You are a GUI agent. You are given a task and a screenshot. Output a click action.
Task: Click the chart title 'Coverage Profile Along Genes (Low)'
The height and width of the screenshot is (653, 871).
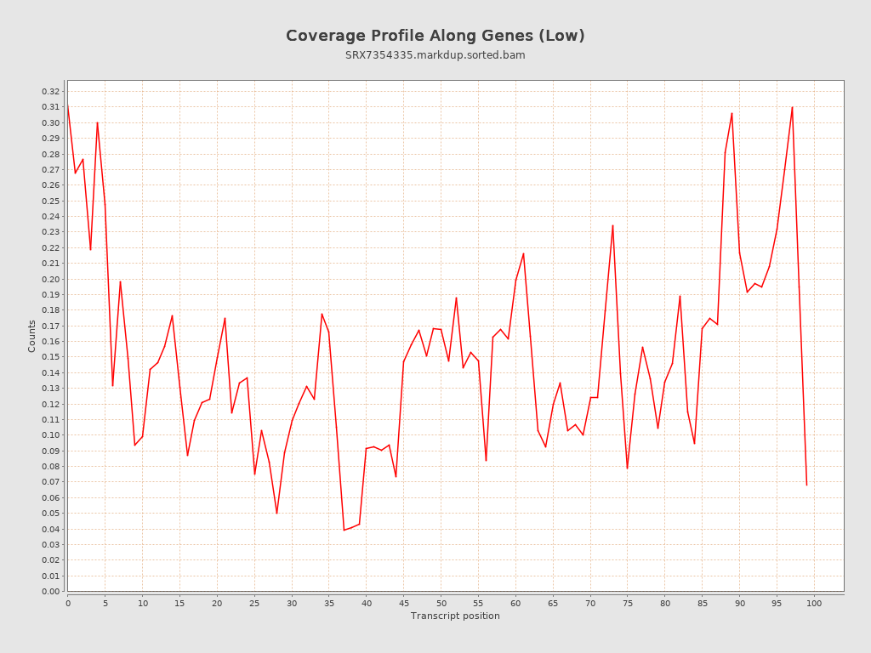435,36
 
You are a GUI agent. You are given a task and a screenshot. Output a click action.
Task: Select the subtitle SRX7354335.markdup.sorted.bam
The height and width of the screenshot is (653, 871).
435,55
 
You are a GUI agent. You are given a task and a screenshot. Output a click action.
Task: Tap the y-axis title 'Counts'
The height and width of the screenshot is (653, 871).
32,336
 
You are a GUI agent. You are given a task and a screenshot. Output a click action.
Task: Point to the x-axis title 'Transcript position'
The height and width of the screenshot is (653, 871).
455,616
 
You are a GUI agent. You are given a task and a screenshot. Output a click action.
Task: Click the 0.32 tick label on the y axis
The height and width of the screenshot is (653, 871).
50,91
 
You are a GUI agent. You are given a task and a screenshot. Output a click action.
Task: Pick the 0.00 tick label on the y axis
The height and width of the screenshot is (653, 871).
50,591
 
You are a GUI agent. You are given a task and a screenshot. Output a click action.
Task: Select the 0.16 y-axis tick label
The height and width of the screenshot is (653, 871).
50,341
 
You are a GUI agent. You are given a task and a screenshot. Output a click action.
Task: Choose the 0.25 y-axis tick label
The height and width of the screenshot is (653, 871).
50,201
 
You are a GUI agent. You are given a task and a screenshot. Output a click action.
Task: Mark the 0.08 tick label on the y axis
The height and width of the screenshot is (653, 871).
50,466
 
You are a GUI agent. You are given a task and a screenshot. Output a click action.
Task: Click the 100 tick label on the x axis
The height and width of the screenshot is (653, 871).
814,603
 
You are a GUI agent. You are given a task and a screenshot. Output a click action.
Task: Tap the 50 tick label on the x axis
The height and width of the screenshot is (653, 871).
441,603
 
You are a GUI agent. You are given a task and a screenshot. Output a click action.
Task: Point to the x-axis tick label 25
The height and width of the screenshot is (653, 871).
254,603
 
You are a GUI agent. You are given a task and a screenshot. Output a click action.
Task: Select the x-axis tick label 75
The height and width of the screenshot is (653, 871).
628,603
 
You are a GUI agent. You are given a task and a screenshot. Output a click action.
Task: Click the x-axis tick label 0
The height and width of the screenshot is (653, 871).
68,603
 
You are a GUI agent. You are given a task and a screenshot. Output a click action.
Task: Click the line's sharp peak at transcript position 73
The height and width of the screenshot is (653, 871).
612,225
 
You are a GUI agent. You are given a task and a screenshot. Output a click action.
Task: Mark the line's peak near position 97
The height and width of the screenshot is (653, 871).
792,107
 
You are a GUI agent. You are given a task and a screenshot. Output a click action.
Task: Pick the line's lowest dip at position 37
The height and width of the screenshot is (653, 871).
344,530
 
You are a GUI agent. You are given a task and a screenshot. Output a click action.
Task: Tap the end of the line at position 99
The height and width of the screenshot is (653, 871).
806,485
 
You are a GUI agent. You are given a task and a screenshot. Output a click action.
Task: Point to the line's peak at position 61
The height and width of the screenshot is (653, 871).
523,253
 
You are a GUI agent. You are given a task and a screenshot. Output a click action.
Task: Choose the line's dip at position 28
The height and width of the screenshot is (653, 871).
276,513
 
